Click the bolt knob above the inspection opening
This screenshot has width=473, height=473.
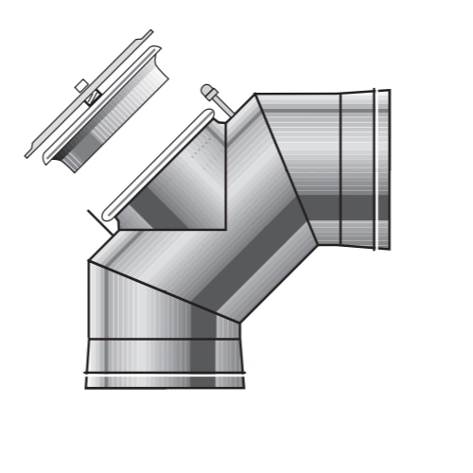point(207,92)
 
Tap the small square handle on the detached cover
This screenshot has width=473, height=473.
point(81,86)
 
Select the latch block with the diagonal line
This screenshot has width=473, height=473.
point(93,96)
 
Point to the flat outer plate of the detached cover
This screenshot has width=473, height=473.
point(76,104)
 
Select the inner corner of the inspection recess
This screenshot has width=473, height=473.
point(224,228)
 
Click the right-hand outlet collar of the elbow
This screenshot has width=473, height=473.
point(364,170)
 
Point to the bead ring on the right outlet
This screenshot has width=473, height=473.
point(376,170)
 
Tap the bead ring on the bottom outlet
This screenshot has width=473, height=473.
point(165,374)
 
